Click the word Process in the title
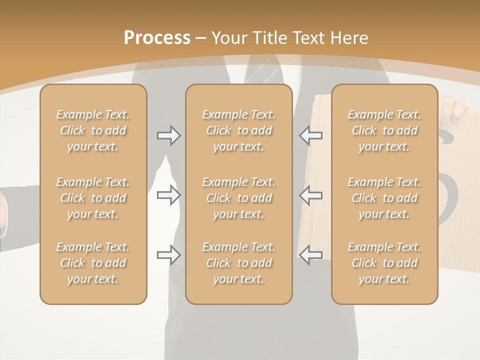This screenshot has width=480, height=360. pos(157,38)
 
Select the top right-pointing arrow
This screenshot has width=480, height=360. pos(168,135)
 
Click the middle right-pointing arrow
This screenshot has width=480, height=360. pos(168,195)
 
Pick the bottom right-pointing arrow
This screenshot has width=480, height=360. pos(168,255)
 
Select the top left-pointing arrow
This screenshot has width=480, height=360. pos(311,135)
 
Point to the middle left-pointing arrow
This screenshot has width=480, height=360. pos(311,195)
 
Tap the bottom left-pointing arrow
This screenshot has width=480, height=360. pos(311,255)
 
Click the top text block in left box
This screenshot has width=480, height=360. pos(93,130)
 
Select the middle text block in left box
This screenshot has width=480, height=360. pos(93,198)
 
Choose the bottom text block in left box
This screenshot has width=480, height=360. pos(93,263)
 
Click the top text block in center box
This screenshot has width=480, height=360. pos(239,130)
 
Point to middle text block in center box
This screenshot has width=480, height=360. pos(239,198)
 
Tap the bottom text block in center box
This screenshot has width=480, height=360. pos(239,263)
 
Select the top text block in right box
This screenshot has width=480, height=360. pos(384,130)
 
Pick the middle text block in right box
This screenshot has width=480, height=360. pos(384,198)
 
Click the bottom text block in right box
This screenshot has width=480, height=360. pos(384,263)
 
